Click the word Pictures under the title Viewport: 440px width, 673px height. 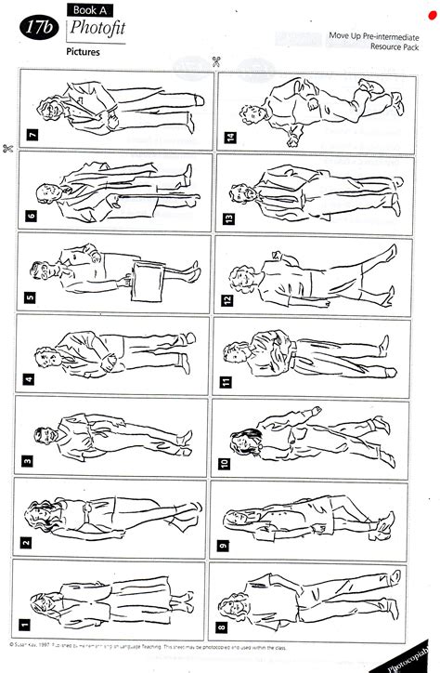point(84,52)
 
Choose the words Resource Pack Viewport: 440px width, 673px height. point(390,46)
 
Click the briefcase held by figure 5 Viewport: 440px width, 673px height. point(148,276)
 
